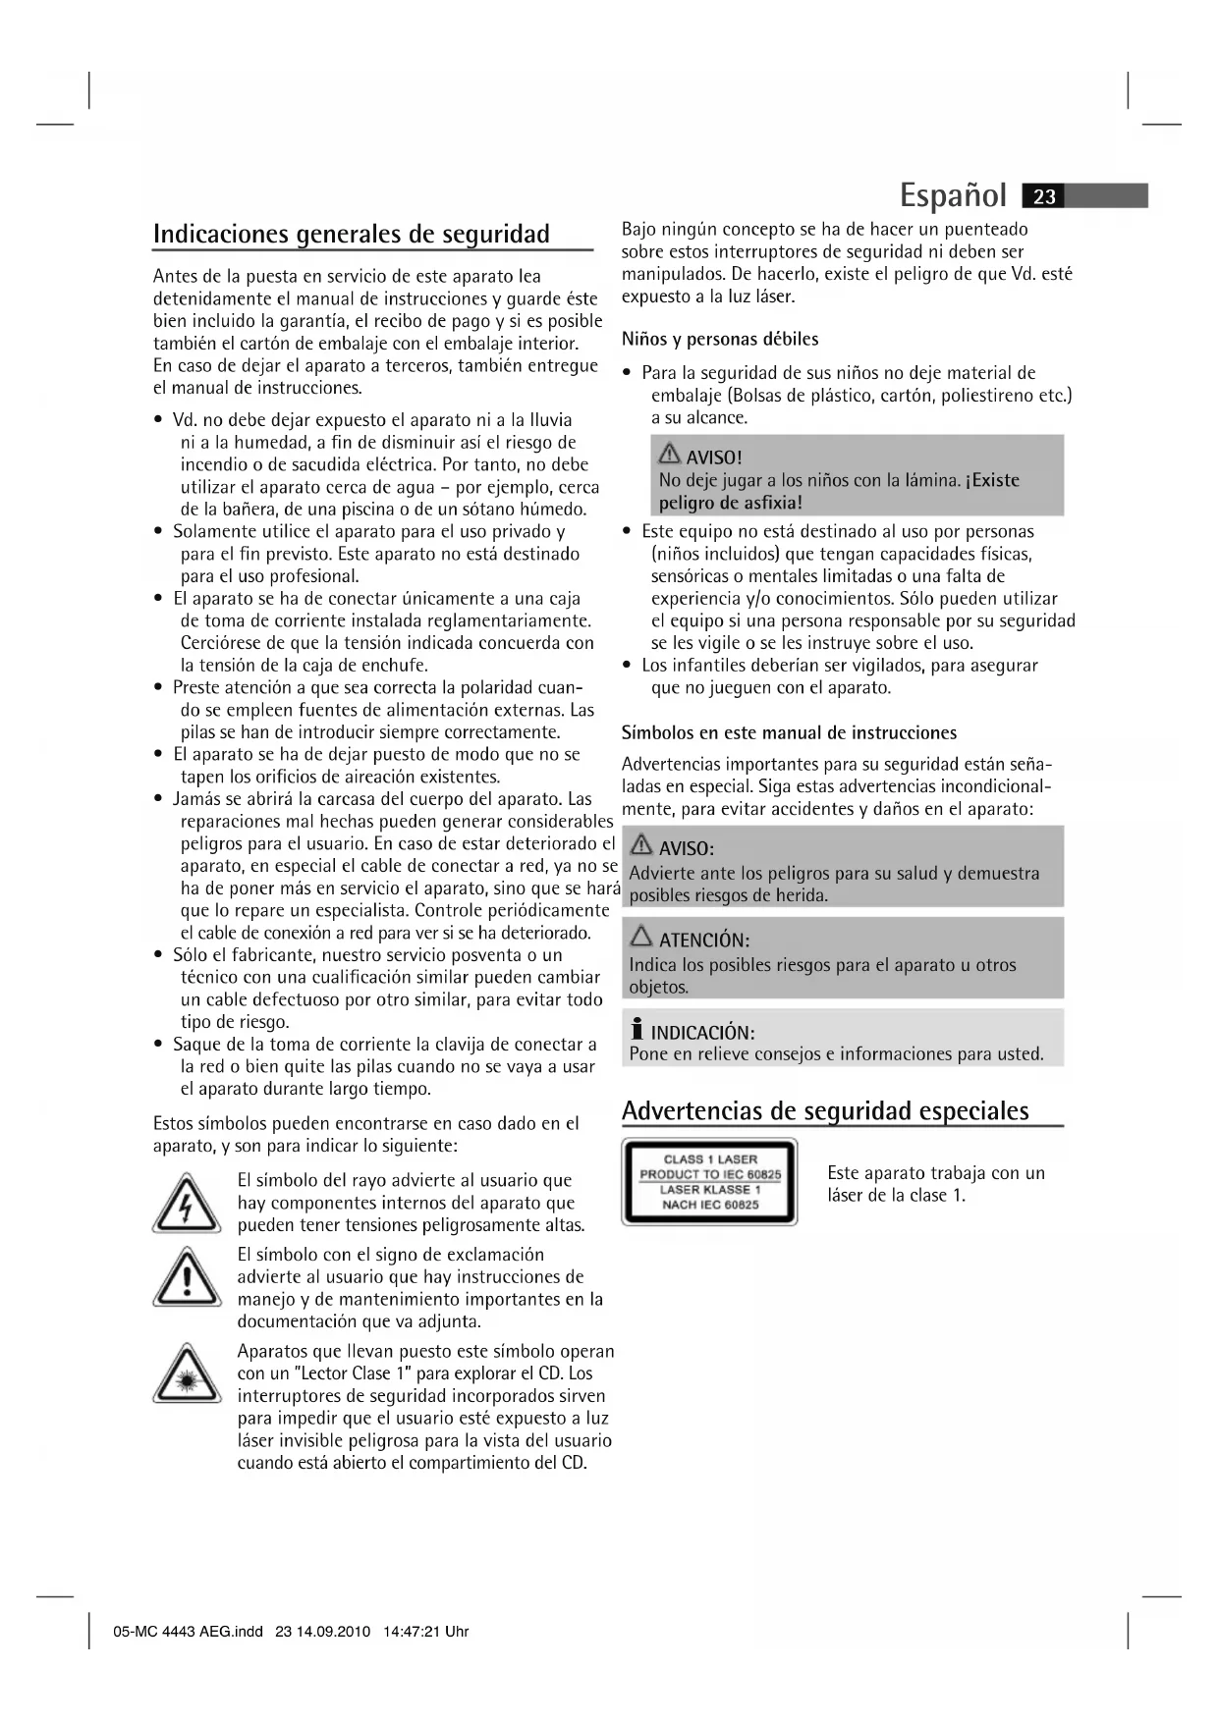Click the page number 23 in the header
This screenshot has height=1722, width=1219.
[x=1044, y=196]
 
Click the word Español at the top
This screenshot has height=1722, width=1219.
[x=953, y=195]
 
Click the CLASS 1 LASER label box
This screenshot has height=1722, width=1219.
[x=709, y=1182]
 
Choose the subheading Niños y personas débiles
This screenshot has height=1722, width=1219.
[x=720, y=340]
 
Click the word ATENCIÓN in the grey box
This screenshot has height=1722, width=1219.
[x=703, y=941]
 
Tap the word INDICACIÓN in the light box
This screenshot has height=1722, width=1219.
[x=702, y=1033]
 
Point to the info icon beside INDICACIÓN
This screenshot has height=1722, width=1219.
[x=637, y=1030]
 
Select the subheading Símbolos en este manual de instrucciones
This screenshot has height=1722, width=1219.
[x=789, y=732]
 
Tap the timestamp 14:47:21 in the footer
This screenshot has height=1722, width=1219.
[x=412, y=1632]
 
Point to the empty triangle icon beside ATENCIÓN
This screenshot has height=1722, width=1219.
[x=641, y=937]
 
